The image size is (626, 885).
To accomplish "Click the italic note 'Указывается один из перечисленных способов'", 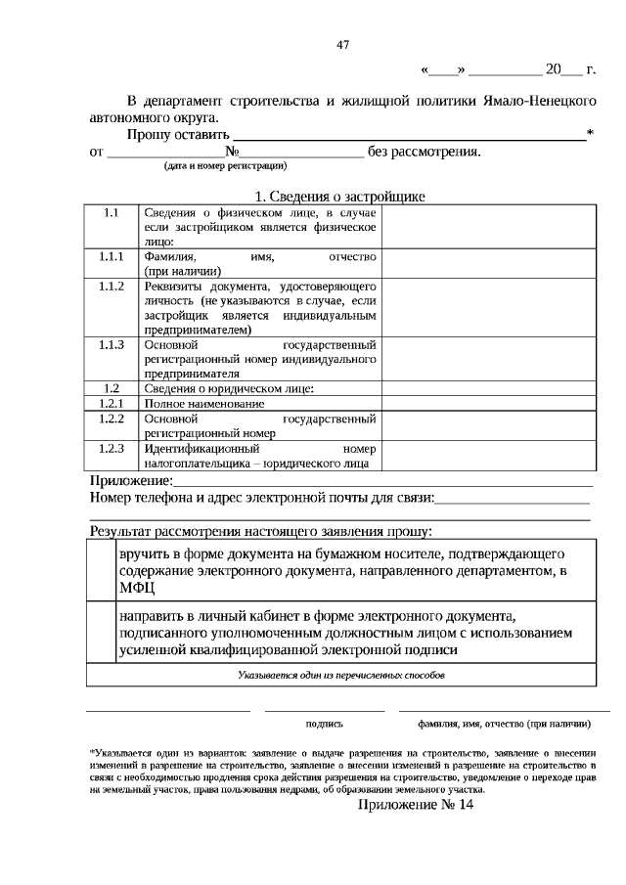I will tap(341, 676).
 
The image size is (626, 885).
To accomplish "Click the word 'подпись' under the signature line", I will tap(324, 725).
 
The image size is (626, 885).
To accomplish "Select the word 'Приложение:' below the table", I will tap(131, 480).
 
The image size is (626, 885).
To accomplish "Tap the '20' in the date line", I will tap(554, 69).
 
